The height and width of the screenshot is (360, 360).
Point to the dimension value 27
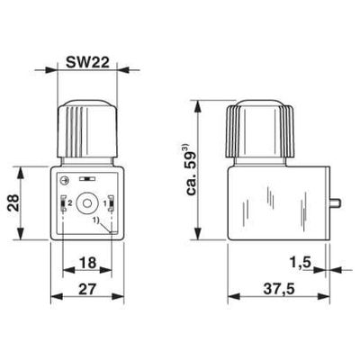click(86, 291)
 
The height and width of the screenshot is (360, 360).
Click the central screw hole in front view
click(86, 204)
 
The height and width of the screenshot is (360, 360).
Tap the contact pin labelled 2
click(63, 205)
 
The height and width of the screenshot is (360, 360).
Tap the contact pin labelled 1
click(110, 205)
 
